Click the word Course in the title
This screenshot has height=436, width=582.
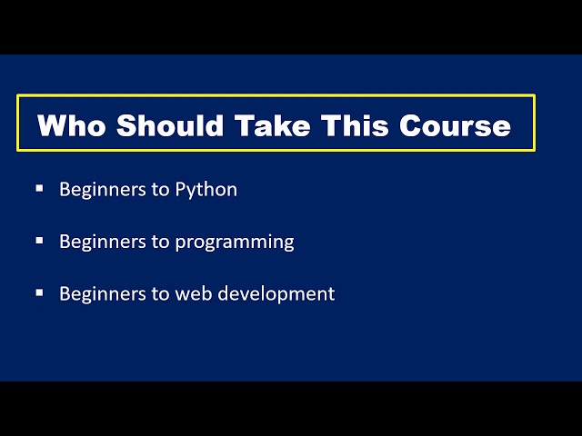tap(456, 124)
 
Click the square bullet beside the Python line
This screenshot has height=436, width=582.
tap(39, 188)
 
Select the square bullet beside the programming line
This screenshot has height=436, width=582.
tap(39, 241)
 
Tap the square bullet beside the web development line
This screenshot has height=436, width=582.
tap(39, 292)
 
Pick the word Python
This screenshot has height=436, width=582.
tap(206, 190)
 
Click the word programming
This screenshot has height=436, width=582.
tap(235, 243)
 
